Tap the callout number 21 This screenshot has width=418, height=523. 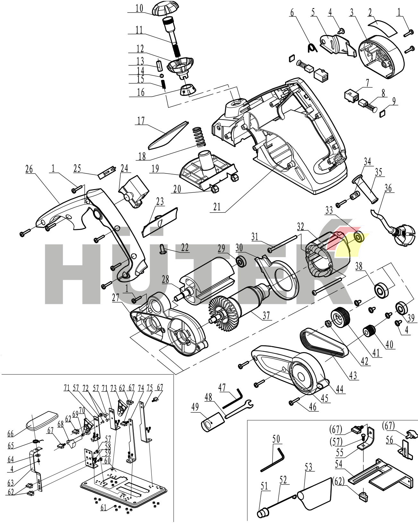(217, 207)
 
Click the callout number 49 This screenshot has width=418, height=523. (195, 408)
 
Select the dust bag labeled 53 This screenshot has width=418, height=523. (316, 493)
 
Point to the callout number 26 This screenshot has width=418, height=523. (29, 169)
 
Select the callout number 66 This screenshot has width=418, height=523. (11, 434)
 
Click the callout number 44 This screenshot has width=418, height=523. (340, 389)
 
